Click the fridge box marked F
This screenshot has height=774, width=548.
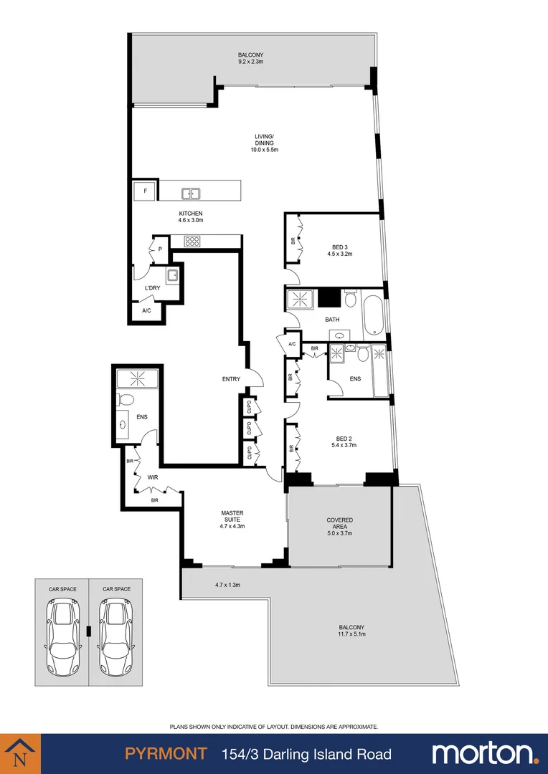point(146,191)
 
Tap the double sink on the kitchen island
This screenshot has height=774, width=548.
point(190,192)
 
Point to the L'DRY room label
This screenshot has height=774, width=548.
point(152,288)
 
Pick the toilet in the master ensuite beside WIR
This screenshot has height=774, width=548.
point(125,399)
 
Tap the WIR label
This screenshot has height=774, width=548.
point(152,476)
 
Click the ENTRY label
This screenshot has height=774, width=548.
point(231,379)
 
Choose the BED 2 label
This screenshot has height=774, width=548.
point(344,439)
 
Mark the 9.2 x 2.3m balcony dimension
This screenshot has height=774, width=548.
point(251,62)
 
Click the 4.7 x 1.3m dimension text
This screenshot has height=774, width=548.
point(227,585)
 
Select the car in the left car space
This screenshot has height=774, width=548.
point(62,631)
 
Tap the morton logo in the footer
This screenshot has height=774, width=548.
point(484,754)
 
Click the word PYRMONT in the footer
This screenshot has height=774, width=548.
point(166,754)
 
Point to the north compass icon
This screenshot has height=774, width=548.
point(19,753)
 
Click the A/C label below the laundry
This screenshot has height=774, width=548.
point(146,311)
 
